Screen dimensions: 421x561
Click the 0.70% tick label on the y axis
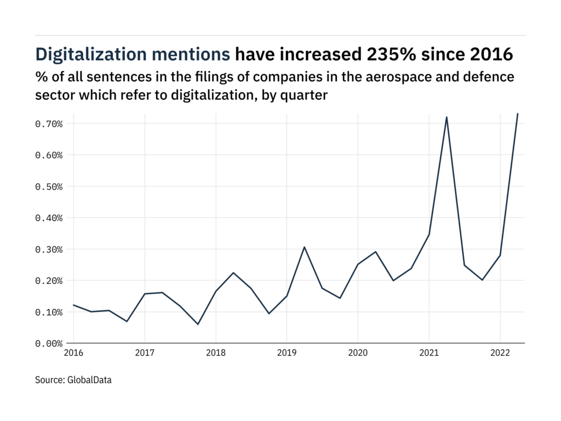pyautogui.click(x=49, y=124)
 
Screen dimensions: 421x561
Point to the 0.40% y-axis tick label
pyautogui.click(x=49, y=218)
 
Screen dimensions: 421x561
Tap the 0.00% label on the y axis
pyautogui.click(x=49, y=344)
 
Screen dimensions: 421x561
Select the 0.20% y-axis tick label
pyautogui.click(x=49, y=281)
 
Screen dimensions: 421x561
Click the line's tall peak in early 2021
pyautogui.click(x=446, y=117)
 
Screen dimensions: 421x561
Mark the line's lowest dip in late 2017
pyautogui.click(x=198, y=324)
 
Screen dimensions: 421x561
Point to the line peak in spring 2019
pyautogui.click(x=304, y=247)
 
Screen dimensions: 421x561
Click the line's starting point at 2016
pyautogui.click(x=73, y=305)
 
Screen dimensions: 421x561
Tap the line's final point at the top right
pyautogui.click(x=518, y=113)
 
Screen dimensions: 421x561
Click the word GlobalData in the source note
pyautogui.click(x=90, y=379)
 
